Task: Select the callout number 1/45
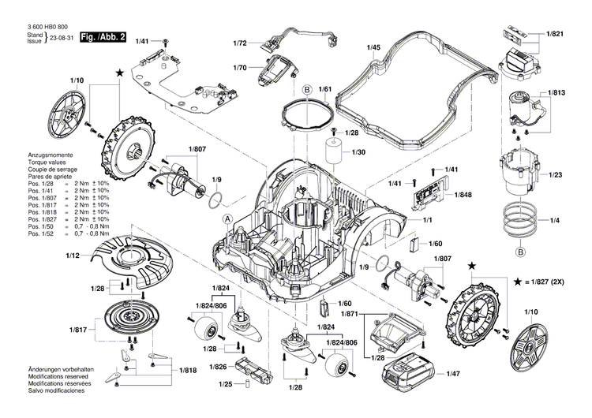coord(374,47)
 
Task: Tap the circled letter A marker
coord(227,218)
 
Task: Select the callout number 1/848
coord(463,194)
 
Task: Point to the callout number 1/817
coord(77,330)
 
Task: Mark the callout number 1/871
coord(349,314)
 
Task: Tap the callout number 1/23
coord(555,174)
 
